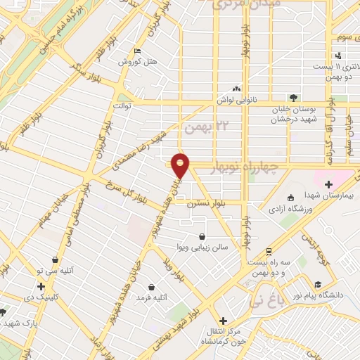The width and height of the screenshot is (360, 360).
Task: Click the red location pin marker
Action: tap(181, 165)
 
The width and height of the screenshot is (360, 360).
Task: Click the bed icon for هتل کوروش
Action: tap(137, 51)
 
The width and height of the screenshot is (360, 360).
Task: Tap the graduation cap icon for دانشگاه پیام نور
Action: tap(318, 285)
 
